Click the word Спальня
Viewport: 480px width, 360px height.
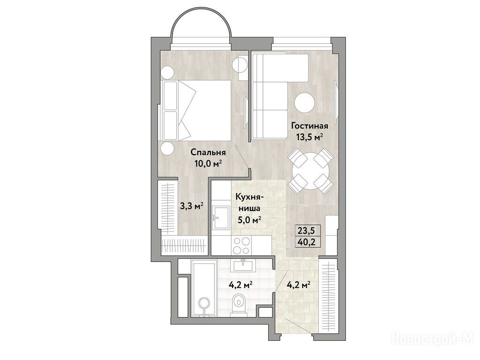click(208, 152)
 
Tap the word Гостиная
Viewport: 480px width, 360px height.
click(309, 126)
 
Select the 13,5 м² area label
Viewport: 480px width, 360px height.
click(309, 136)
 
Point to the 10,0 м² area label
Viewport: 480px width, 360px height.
click(208, 164)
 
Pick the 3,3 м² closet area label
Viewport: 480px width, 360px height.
click(192, 206)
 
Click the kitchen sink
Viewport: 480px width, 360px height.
click(221, 217)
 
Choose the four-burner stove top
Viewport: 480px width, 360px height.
click(241, 246)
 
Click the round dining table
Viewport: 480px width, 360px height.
click(310, 171)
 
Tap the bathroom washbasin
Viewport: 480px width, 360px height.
click(244, 265)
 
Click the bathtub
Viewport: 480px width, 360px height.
click(204, 288)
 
